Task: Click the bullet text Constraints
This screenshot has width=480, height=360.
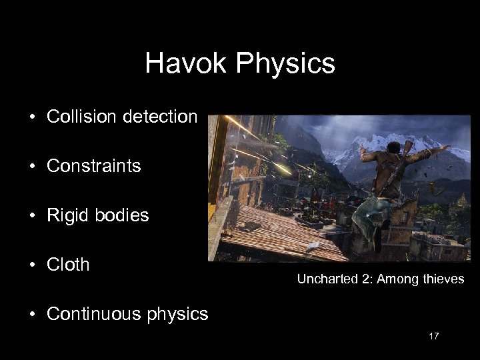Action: pyautogui.click(x=94, y=166)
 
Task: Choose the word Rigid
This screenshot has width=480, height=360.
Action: pyautogui.click(x=67, y=215)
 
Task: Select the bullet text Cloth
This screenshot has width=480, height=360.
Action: pyautogui.click(x=68, y=265)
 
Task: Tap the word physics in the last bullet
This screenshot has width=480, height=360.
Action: pyautogui.click(x=181, y=313)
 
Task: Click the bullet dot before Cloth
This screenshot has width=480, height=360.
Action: pyautogui.click(x=31, y=265)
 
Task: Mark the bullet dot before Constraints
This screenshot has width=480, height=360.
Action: pyautogui.click(x=31, y=167)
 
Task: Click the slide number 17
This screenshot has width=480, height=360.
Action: pyautogui.click(x=433, y=336)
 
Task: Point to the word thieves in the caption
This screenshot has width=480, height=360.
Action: pyautogui.click(x=443, y=279)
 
